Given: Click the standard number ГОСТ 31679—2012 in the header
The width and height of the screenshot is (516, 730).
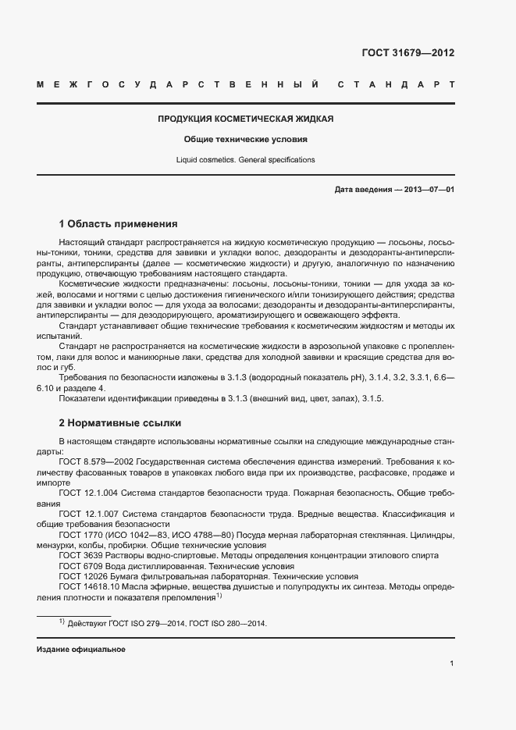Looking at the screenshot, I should [407, 53].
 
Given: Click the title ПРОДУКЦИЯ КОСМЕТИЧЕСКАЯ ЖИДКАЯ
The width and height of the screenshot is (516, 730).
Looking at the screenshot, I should [246, 119].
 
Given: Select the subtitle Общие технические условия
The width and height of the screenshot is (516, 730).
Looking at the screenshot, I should [246, 139].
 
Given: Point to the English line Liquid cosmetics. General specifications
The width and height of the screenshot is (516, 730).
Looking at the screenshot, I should [246, 159].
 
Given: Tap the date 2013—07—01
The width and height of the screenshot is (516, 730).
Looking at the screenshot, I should [429, 190].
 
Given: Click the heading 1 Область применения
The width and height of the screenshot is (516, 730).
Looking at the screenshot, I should [119, 223].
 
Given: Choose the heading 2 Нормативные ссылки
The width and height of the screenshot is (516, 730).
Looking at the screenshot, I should [120, 423].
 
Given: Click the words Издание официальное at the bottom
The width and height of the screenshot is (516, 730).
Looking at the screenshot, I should [81, 650].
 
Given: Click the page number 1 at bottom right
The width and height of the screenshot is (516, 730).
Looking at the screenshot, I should [452, 664].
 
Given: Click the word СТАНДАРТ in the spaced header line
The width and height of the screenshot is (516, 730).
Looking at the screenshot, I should [397, 84].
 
